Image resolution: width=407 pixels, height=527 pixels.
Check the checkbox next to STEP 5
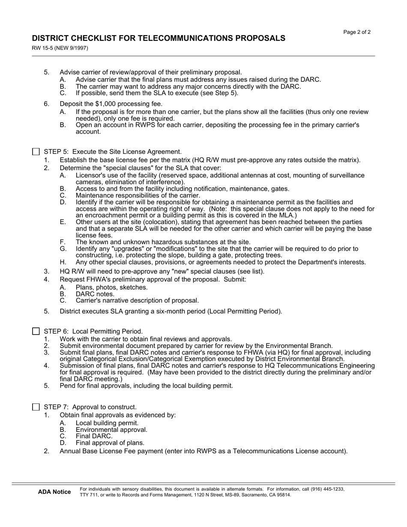pos(36,152)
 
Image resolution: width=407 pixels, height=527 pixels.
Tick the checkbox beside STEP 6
pos(36,331)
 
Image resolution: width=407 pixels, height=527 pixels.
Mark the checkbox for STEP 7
pos(36,407)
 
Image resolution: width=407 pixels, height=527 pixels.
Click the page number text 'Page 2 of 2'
pos(357,32)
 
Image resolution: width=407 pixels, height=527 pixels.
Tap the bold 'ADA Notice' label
pos(54,492)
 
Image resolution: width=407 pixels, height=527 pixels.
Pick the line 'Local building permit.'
pos(107,423)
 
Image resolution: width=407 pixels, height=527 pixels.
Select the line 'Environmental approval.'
pos(111,430)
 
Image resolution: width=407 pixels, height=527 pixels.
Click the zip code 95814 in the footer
pos(283,495)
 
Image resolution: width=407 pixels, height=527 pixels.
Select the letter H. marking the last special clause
pos(63,262)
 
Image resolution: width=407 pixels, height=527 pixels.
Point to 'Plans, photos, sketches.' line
pos(111,287)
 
